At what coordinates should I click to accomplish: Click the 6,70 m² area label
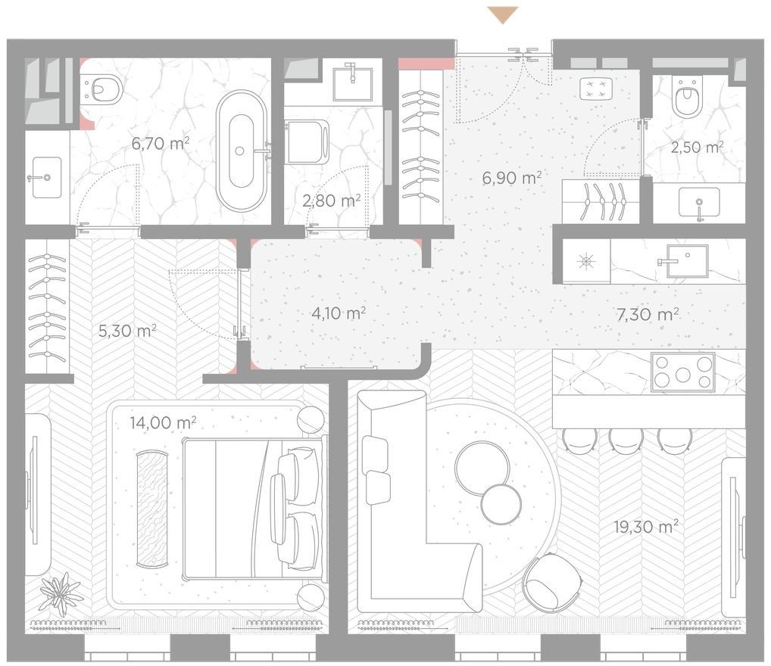[x=161, y=144]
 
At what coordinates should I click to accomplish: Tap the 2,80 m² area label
[x=332, y=200]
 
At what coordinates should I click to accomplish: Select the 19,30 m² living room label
[x=646, y=527]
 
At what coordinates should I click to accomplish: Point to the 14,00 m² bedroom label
[x=164, y=422]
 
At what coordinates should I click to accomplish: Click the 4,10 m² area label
[x=339, y=313]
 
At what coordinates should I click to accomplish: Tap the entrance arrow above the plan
[x=503, y=14]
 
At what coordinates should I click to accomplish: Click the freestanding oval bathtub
[x=242, y=151]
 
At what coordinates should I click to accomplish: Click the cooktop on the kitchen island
[x=683, y=372]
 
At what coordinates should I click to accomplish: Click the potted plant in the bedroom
[x=61, y=593]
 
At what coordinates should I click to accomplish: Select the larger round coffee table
[x=482, y=468]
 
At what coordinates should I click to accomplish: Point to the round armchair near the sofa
[x=553, y=584]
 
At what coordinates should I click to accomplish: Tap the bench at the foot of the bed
[x=152, y=509]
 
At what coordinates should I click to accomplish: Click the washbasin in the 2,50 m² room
[x=699, y=203]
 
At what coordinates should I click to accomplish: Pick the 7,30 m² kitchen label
[x=648, y=314]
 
